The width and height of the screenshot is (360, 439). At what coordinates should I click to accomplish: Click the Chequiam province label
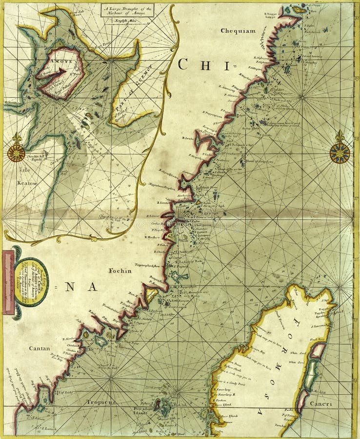[x=238, y=30]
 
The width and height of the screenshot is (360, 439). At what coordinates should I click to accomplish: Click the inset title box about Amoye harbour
[x=127, y=9]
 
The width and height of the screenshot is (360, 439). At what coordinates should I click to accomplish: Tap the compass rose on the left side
[x=16, y=153]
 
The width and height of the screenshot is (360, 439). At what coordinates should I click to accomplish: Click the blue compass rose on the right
[x=340, y=153]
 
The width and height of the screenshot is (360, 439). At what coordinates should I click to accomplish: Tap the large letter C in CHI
[x=183, y=64]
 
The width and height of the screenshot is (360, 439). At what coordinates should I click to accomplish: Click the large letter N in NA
[x=70, y=287]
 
